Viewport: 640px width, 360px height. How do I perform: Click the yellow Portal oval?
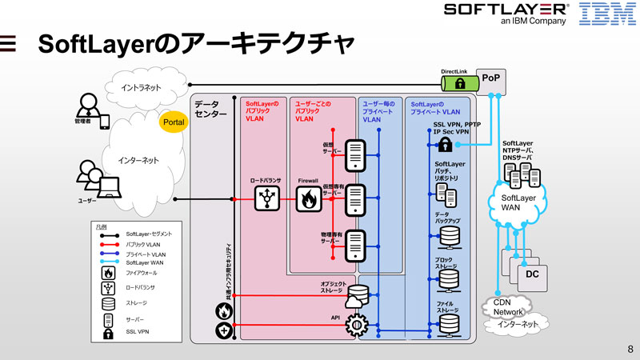pos(174,122)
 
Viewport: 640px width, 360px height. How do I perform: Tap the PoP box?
pos(490,78)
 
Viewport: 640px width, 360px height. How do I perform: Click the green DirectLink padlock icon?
pos(460,83)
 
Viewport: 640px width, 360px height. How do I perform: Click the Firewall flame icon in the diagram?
pos(308,200)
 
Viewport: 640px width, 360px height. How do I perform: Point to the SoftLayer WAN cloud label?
pos(518,202)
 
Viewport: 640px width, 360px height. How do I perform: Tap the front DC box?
pos(531,274)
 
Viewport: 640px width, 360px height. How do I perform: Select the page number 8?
pos(630,349)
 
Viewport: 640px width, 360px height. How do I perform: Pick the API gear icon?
pos(357,323)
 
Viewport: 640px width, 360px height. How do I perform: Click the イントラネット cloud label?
pos(141,86)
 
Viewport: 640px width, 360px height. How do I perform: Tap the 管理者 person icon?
pos(86,106)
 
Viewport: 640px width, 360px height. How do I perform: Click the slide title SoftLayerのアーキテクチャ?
pos(196,46)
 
